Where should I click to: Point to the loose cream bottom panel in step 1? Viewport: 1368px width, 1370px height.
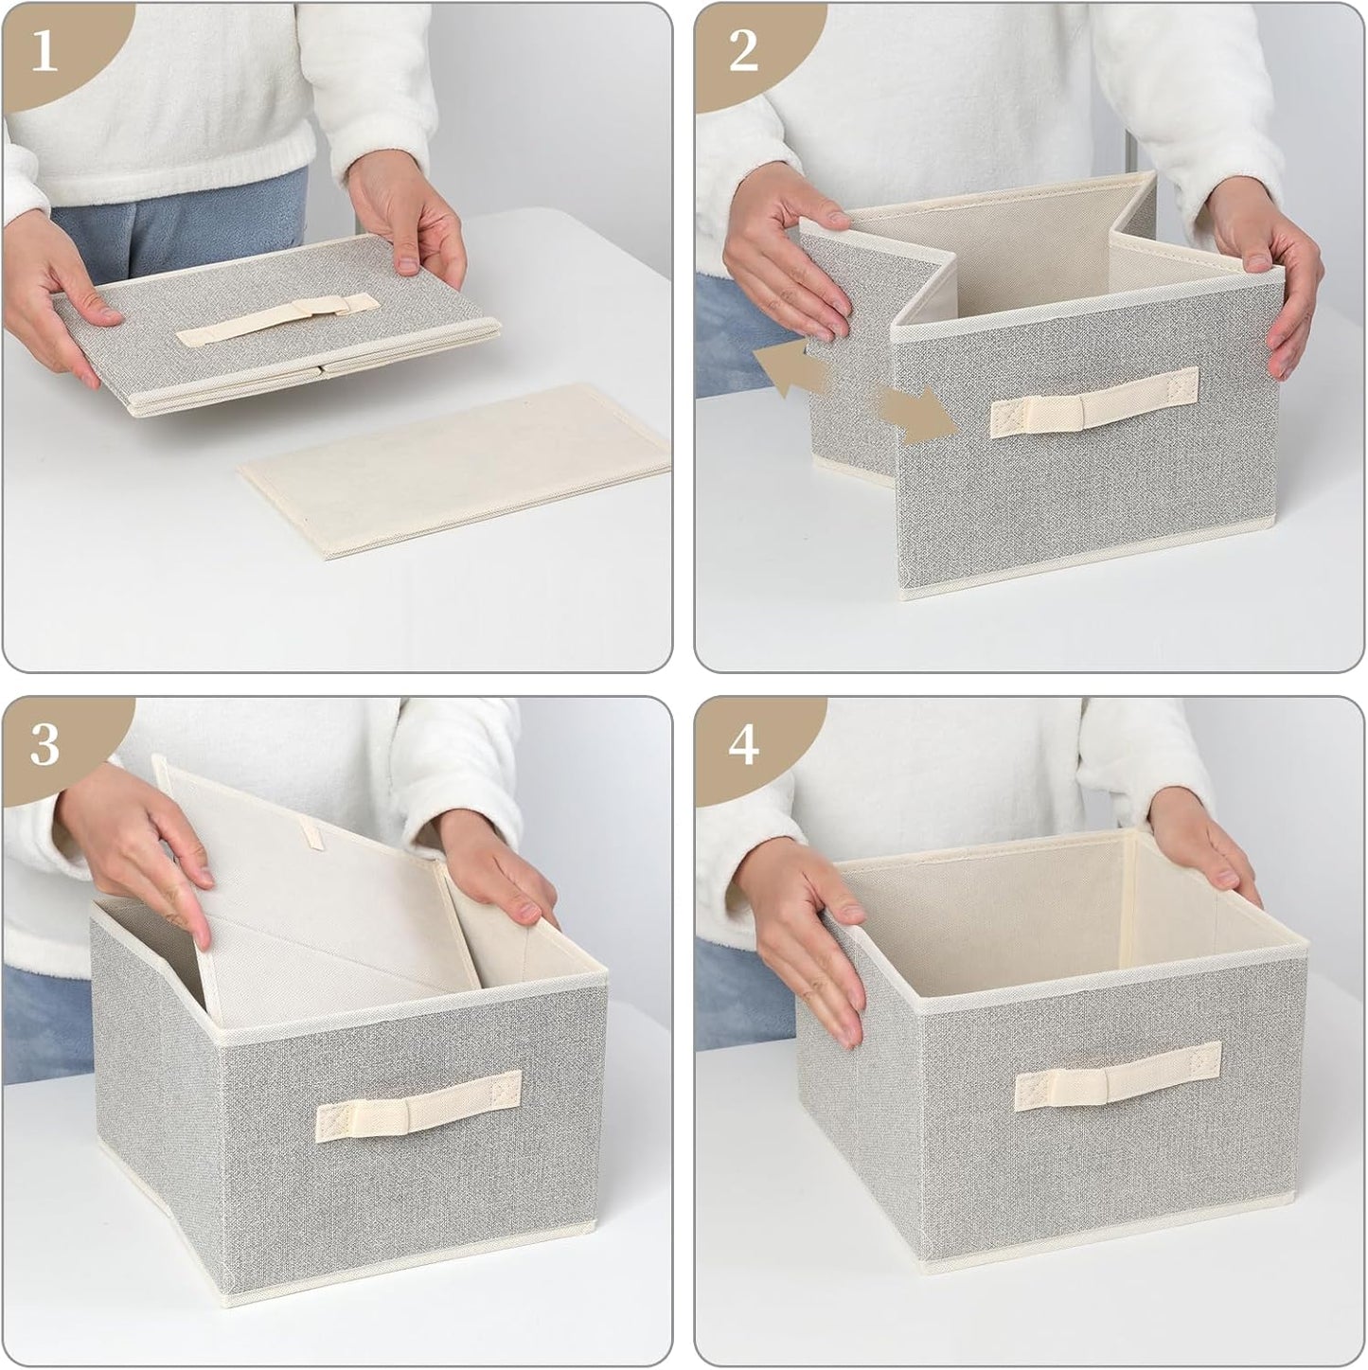pos(454,470)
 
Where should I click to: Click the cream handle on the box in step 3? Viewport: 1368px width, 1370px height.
pos(418,1105)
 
